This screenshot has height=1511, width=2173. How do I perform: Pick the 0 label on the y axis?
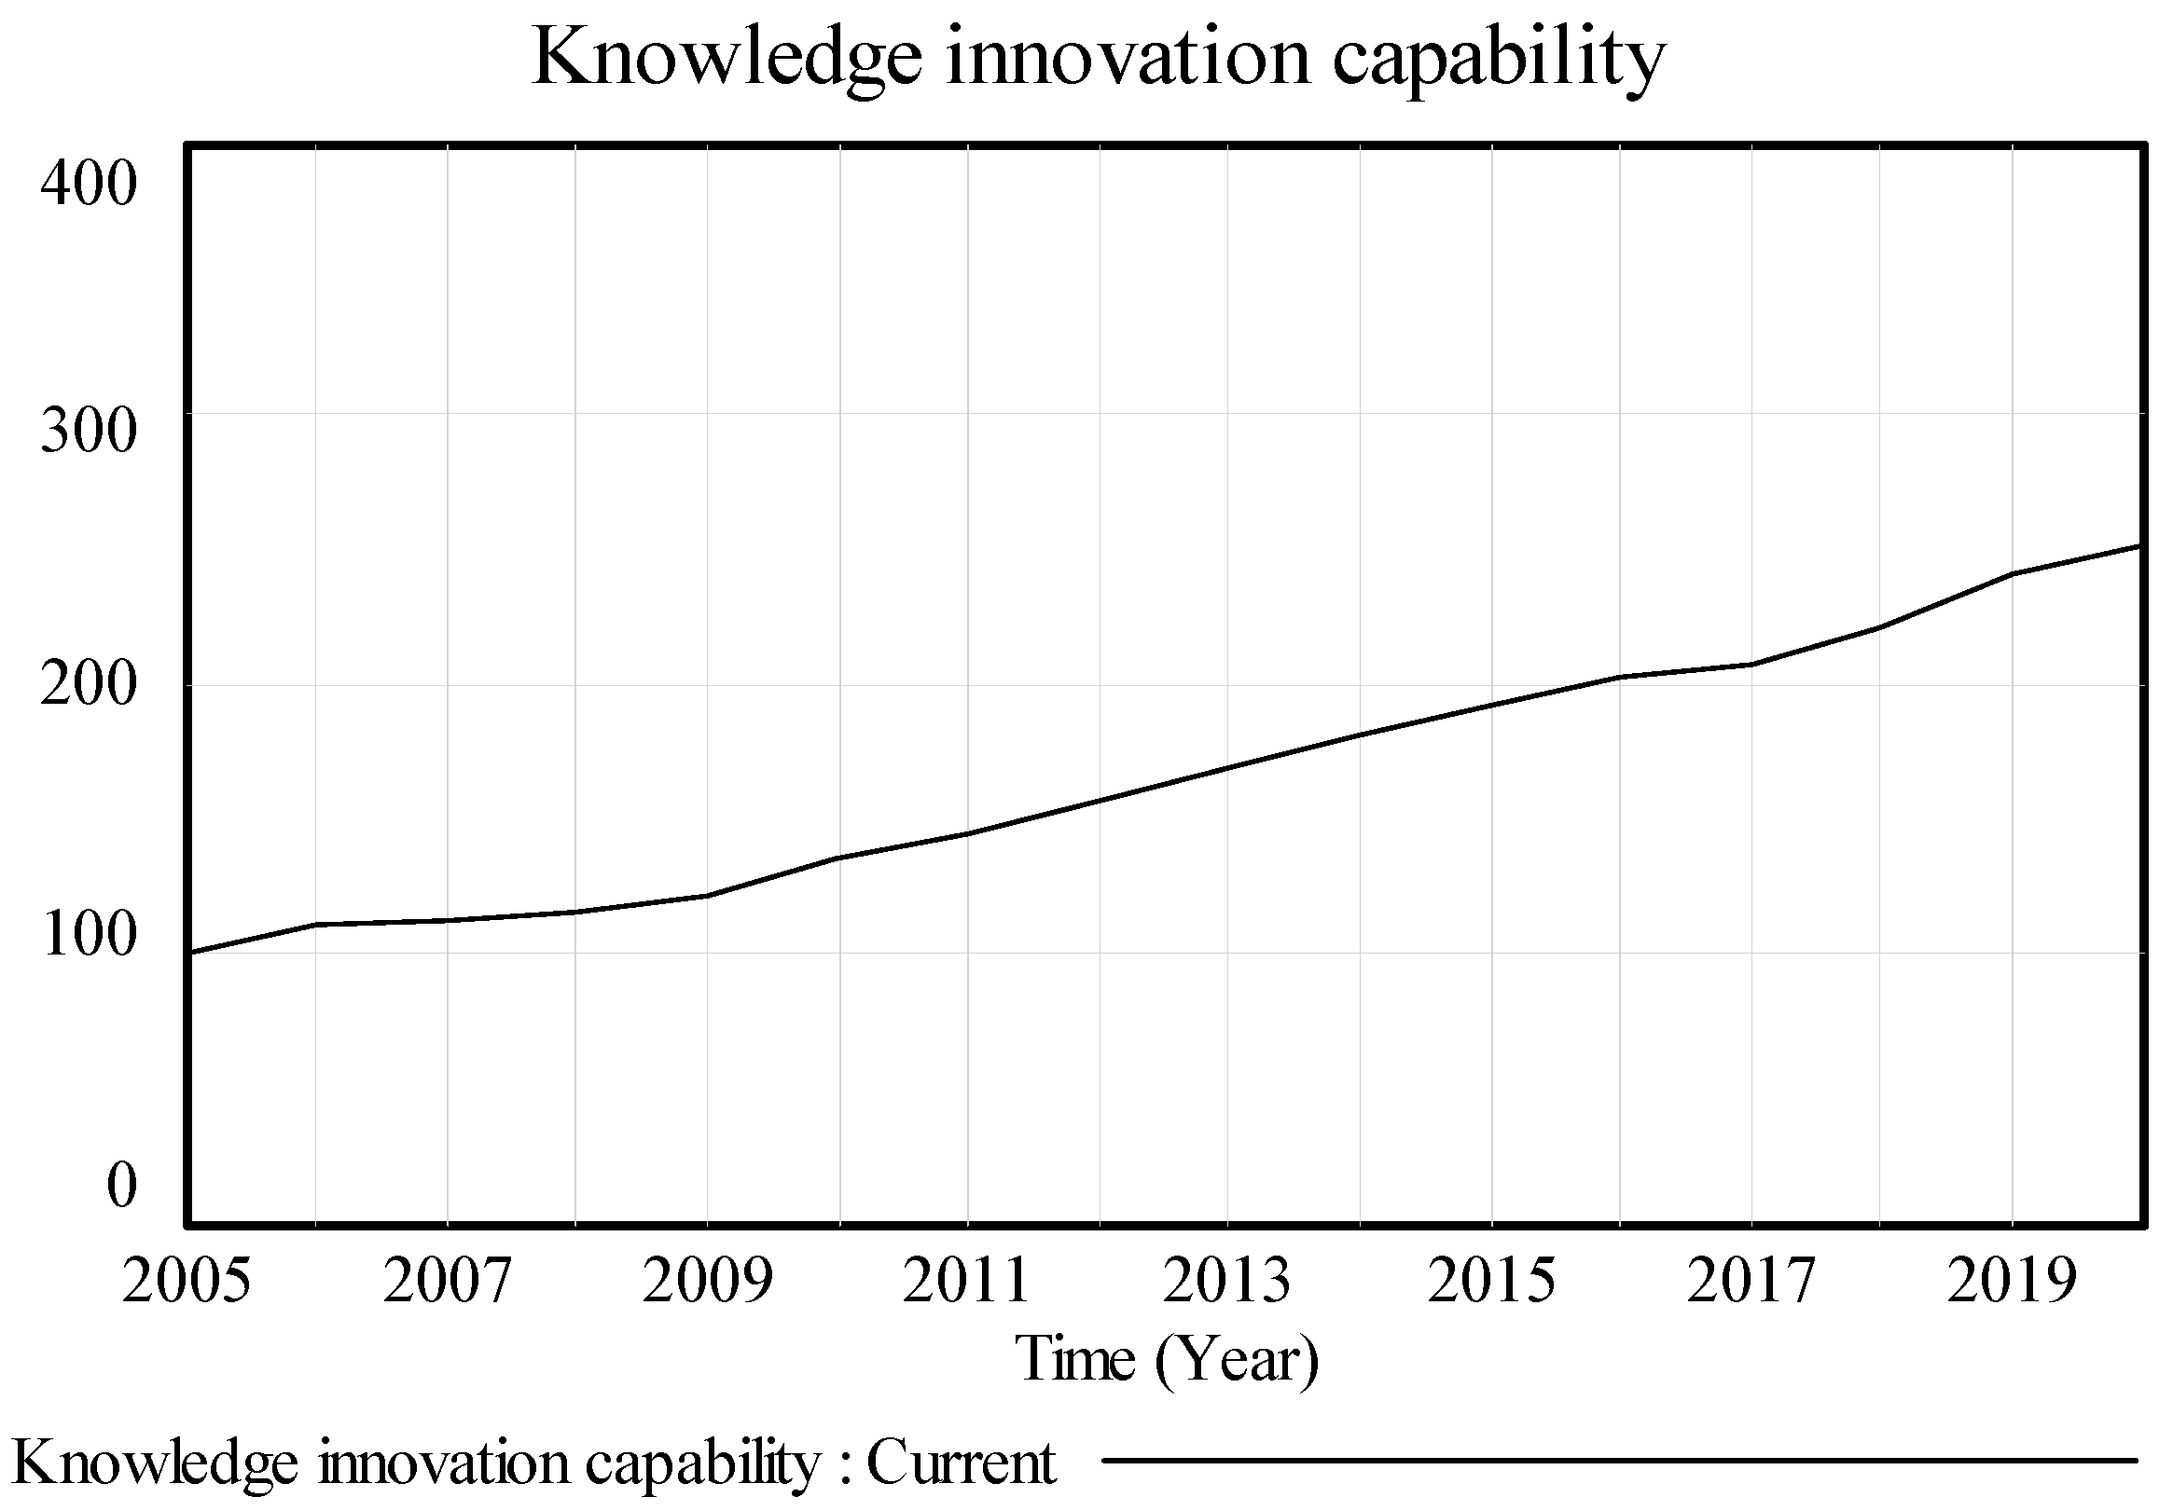[x=121, y=1184]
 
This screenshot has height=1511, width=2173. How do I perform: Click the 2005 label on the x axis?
[x=187, y=1282]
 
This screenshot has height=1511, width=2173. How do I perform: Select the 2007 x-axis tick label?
[x=447, y=1282]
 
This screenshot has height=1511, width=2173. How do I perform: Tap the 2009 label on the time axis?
[x=707, y=1282]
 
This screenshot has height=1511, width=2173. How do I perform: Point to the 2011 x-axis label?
[x=966, y=1282]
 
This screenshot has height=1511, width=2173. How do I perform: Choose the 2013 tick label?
[x=1226, y=1282]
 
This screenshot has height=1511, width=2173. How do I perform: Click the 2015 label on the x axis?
[x=1490, y=1282]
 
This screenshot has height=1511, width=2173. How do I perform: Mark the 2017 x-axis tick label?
[x=1751, y=1282]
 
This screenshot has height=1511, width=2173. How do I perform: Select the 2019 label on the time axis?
[x=2011, y=1282]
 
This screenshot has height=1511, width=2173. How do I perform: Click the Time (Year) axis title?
[x=1166, y=1361]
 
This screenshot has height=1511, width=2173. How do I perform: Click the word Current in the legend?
[x=961, y=1463]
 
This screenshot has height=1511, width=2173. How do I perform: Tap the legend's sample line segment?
[x=1618, y=1462]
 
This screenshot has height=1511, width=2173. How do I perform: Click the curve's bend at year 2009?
[x=707, y=895]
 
